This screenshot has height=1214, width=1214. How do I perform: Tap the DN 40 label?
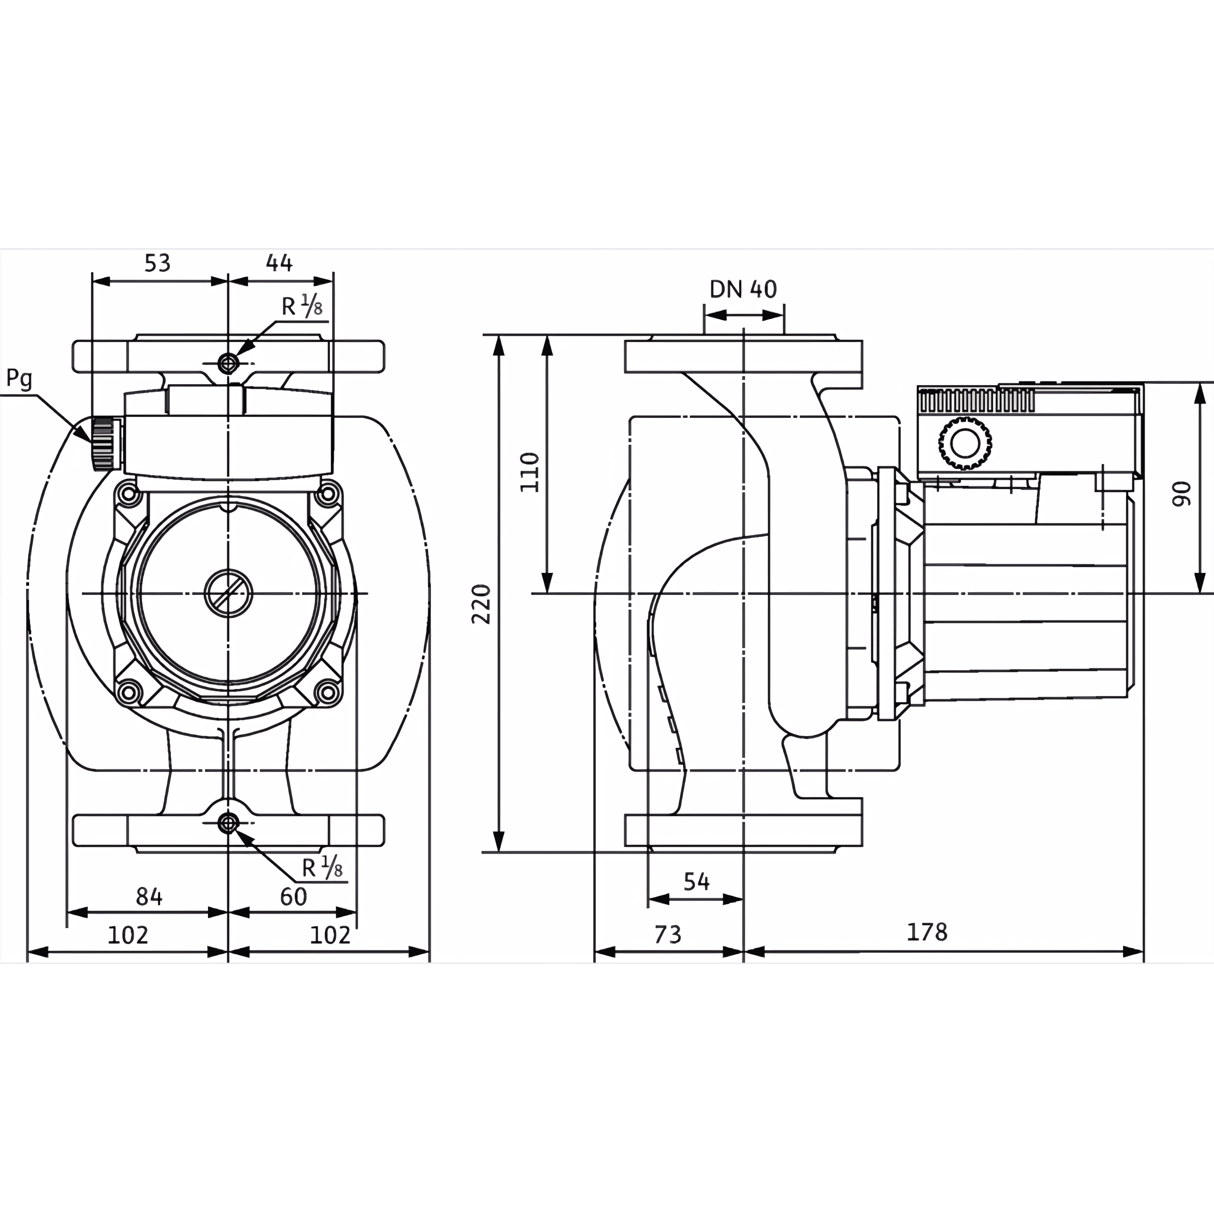[743, 289]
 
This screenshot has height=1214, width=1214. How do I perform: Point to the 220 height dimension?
[481, 603]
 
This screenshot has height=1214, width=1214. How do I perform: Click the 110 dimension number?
[530, 472]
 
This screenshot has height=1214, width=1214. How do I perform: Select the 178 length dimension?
[927, 932]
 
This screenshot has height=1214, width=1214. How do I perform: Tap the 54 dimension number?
[696, 882]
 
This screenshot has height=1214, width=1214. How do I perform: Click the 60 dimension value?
[294, 897]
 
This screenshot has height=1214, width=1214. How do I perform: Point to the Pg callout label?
[19, 379]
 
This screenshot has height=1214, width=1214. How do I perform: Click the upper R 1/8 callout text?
[302, 306]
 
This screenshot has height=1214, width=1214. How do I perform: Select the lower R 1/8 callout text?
[322, 868]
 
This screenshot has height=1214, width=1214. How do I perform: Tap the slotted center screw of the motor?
[229, 593]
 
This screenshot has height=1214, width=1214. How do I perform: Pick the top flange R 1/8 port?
[228, 363]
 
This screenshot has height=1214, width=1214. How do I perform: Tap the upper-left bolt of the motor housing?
[130, 494]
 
